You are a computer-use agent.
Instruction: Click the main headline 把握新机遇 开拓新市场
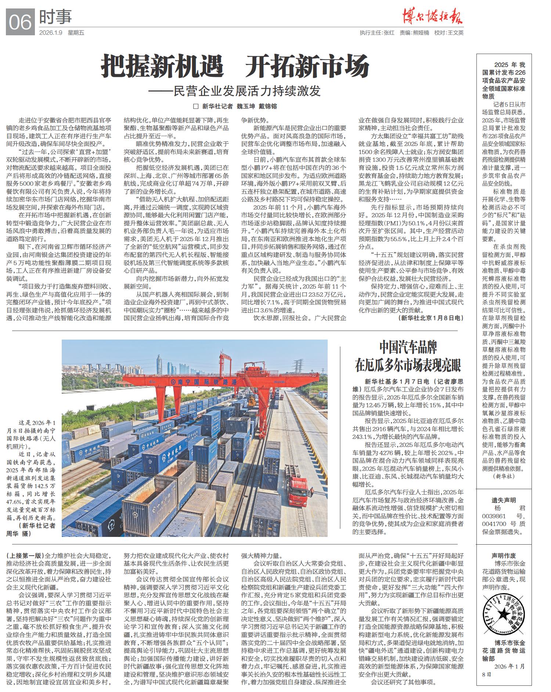[x=235, y=66]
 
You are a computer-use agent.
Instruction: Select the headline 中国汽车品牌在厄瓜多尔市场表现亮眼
[x=407, y=356]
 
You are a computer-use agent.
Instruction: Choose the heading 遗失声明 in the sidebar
[x=504, y=500]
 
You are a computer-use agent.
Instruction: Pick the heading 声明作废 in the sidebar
[x=504, y=555]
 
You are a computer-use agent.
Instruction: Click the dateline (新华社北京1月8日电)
[x=430, y=318]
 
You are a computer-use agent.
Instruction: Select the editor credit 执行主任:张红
[x=377, y=33]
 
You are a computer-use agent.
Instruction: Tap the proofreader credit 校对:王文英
[x=449, y=33]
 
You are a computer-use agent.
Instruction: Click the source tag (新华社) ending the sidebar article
[x=504, y=476]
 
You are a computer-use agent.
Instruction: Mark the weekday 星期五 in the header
[x=76, y=33]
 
